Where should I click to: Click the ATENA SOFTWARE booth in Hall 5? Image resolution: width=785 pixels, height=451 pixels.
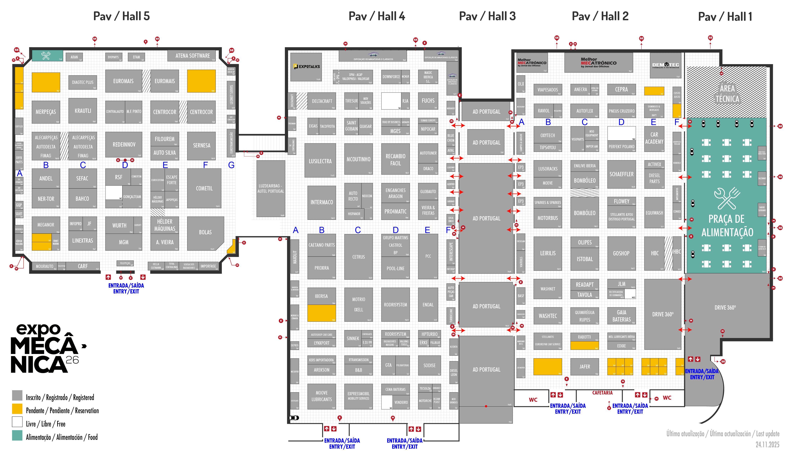point(192,56)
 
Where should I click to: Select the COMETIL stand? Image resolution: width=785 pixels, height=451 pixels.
point(204,188)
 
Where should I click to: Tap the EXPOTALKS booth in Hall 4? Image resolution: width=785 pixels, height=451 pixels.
point(306,67)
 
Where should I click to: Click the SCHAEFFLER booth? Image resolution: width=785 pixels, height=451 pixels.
point(621,174)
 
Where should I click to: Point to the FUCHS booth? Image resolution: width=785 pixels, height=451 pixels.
point(428,101)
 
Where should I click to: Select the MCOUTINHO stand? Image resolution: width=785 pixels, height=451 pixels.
point(358,159)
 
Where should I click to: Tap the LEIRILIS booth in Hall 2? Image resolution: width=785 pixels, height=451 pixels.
point(548,253)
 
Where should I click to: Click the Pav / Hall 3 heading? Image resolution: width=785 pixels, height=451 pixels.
point(487,16)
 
